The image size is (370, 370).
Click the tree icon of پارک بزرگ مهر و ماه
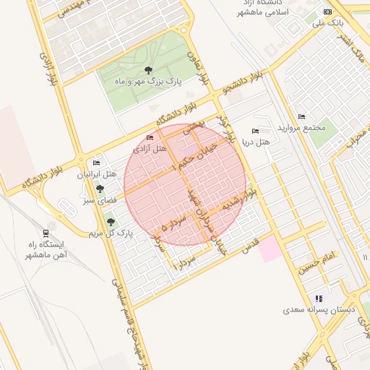[148, 70]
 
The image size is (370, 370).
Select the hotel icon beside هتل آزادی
[150, 137]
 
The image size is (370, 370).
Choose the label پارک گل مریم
[111, 233]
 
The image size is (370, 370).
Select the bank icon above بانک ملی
[328, 12]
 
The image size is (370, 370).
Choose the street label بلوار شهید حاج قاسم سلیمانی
[118, 304]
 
